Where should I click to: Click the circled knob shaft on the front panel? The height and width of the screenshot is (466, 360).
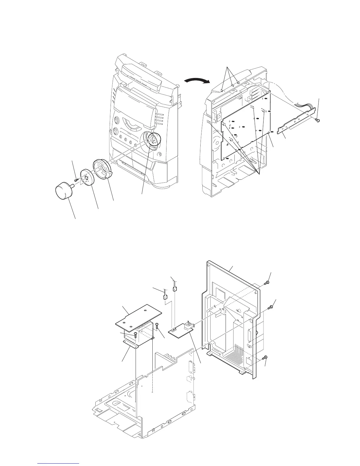154,139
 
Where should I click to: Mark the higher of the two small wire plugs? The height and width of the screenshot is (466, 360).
175,289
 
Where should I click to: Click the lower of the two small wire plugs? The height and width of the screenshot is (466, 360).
165,296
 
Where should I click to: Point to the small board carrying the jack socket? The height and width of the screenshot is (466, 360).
180,330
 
